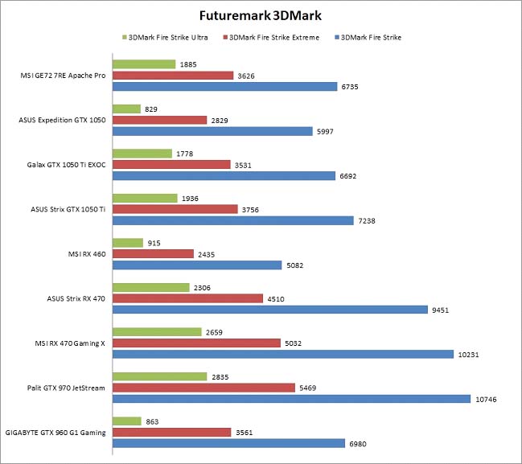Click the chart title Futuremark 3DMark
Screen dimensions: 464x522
[261, 16]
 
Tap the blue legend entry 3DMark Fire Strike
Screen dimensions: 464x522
[371, 37]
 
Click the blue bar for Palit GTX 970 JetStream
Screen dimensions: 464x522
[291, 398]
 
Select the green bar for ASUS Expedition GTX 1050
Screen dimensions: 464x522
[126, 109]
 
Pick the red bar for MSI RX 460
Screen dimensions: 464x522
[153, 253]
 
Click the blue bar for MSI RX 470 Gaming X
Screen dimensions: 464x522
[282, 354]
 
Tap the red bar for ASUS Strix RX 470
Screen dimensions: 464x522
[187, 298]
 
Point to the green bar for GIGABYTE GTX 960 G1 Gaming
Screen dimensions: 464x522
[127, 421]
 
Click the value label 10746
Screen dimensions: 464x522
[487, 399]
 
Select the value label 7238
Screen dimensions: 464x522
[368, 220]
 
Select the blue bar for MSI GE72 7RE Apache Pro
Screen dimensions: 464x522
[224, 86]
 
